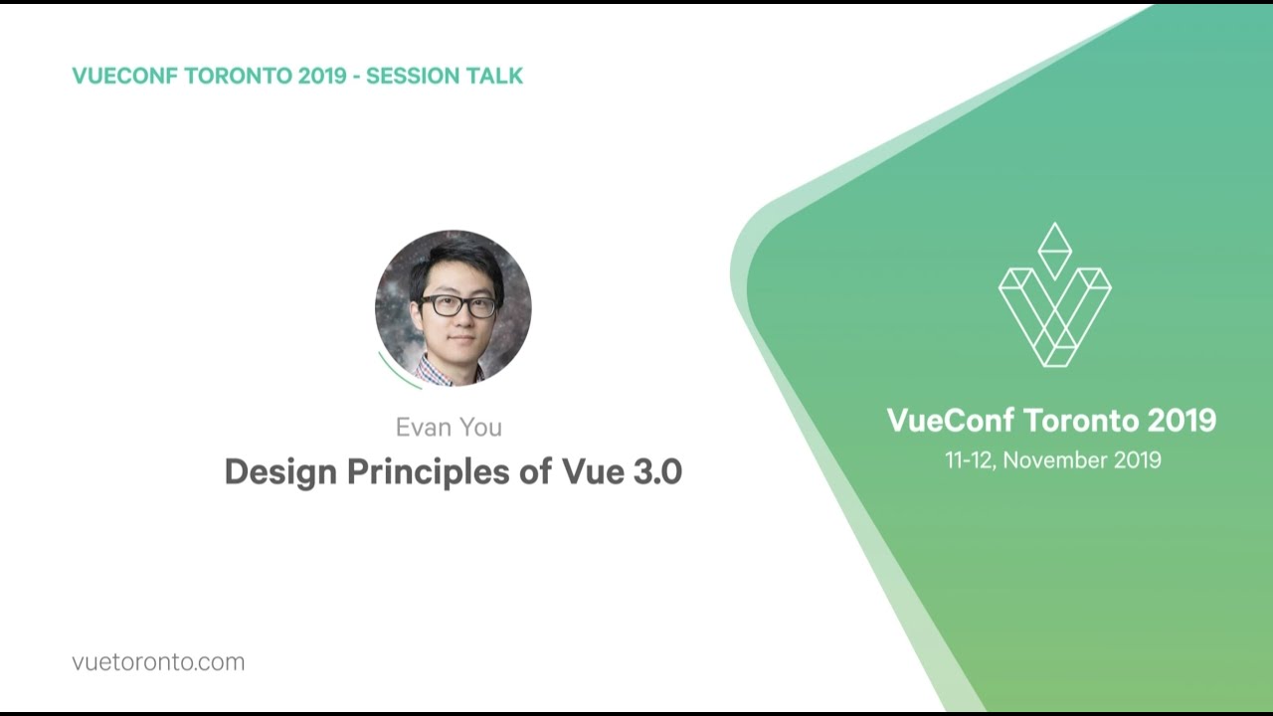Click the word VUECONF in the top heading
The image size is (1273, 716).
pos(125,76)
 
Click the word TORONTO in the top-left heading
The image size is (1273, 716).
pos(238,76)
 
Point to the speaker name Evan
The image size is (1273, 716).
pos(421,428)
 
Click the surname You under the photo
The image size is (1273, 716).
pos(480,428)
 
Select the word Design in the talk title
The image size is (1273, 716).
pos(280,471)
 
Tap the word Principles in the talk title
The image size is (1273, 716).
pos(429,471)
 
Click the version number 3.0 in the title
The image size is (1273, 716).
pos(658,471)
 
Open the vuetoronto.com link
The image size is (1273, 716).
pos(158,662)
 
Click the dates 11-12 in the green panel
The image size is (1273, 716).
pos(970,460)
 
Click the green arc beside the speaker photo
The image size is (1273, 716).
pos(397,374)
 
